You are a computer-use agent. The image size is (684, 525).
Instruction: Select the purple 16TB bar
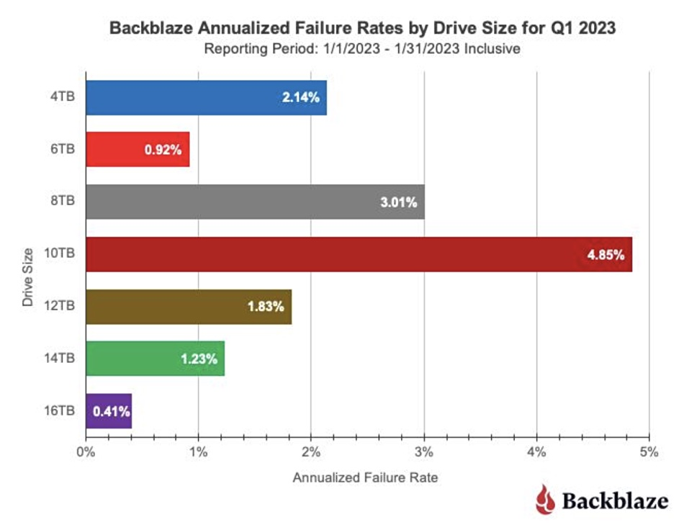point(109,411)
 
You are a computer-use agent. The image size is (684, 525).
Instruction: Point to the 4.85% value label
point(606,255)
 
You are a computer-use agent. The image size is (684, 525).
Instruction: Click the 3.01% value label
point(398,202)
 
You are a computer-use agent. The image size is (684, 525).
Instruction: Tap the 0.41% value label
point(111,412)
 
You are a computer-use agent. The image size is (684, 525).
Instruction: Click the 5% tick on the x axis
point(649,453)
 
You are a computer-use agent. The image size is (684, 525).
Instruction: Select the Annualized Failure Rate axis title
point(365,477)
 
